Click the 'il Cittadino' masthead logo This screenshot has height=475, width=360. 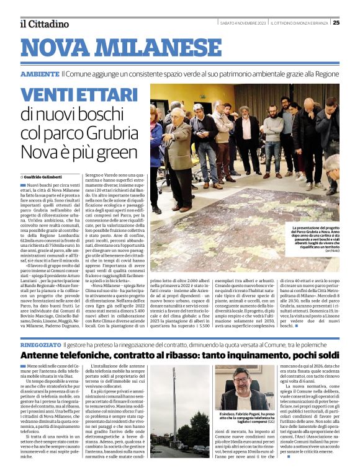[44, 24]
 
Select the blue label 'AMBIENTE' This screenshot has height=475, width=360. [40, 74]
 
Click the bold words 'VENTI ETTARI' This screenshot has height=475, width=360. [79, 95]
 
